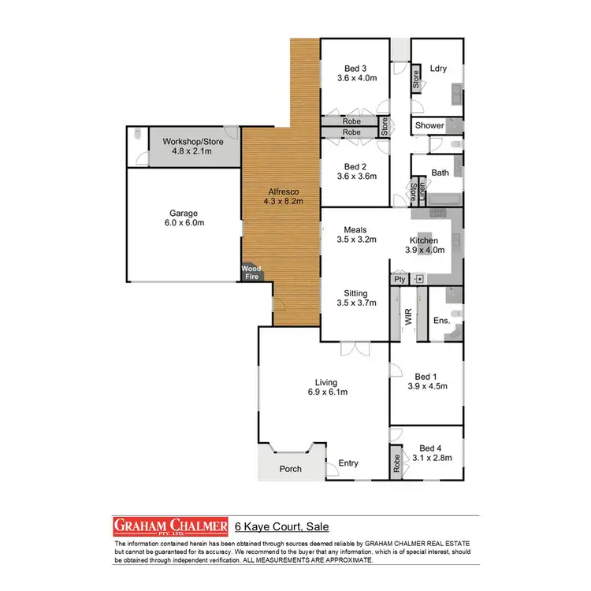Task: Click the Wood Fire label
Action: point(252,273)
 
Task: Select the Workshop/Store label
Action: point(193,142)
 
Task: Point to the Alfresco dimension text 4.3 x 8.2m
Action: point(281,202)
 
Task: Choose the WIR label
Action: point(409,318)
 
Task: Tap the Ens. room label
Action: point(442,321)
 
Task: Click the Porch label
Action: point(291,469)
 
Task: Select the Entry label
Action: point(348,463)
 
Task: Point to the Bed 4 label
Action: point(432,447)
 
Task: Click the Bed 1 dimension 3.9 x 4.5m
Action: point(428,386)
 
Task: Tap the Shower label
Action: point(429,125)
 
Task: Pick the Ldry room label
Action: point(438,69)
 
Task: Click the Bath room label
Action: point(440,173)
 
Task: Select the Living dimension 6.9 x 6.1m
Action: point(328,392)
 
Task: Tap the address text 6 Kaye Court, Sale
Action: point(281,526)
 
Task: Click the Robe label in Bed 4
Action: point(396,462)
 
